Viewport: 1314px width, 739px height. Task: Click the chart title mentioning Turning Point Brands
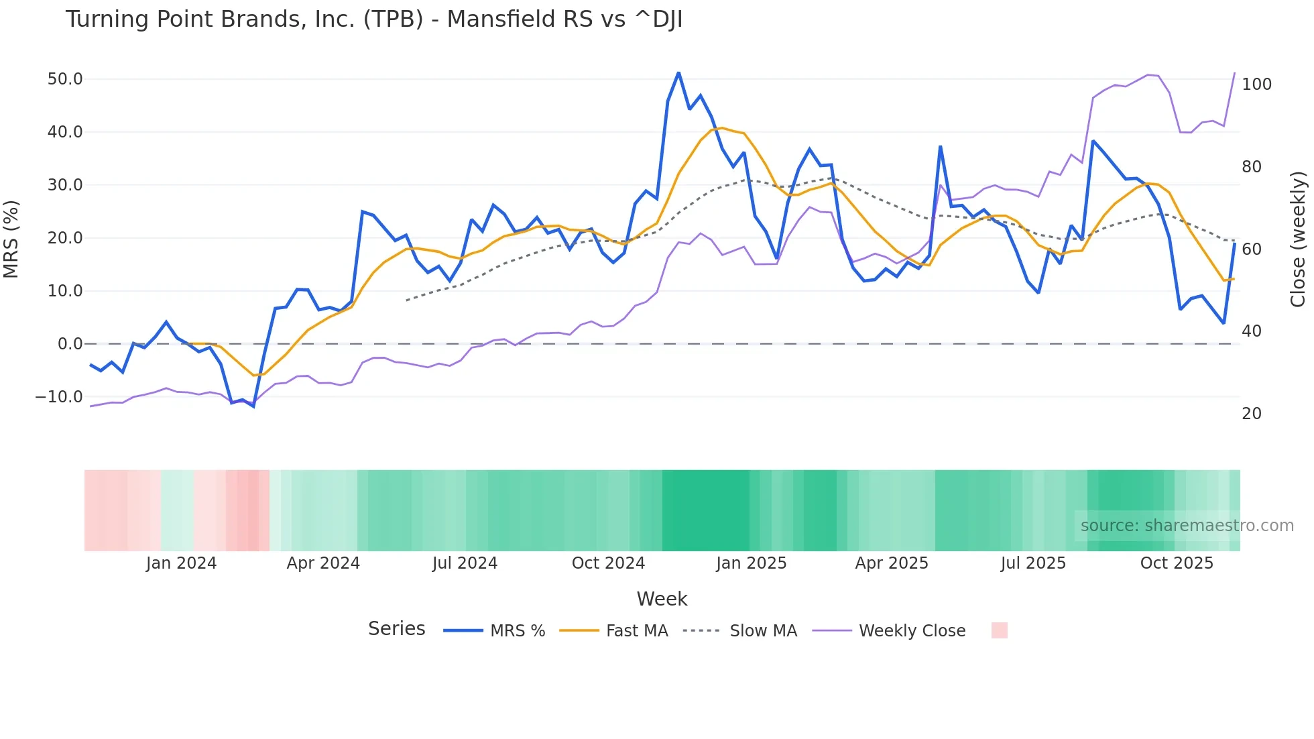pos(373,19)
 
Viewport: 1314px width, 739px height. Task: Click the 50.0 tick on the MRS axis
pos(65,79)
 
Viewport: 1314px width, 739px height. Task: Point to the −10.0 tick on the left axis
pos(59,397)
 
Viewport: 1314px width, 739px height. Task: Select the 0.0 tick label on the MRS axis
pos(70,344)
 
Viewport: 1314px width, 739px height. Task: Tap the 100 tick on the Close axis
pos(1256,84)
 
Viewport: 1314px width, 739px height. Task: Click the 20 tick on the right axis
pos(1252,414)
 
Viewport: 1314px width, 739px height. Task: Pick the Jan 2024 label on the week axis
pos(181,563)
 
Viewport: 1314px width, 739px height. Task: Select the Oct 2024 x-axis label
pos(608,563)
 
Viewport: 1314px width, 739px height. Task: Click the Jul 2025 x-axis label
pos(1033,563)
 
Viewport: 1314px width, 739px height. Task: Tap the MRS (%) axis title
pos(11,239)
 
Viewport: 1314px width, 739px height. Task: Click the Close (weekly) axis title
pos(1299,239)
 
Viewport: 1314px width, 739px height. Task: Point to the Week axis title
pos(662,599)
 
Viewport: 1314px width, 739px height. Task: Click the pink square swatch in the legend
pos(999,630)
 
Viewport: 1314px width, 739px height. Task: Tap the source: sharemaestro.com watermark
pos(1187,526)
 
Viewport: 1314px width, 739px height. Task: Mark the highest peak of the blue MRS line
pos(678,72)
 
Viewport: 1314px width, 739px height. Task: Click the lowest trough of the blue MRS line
pos(253,406)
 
